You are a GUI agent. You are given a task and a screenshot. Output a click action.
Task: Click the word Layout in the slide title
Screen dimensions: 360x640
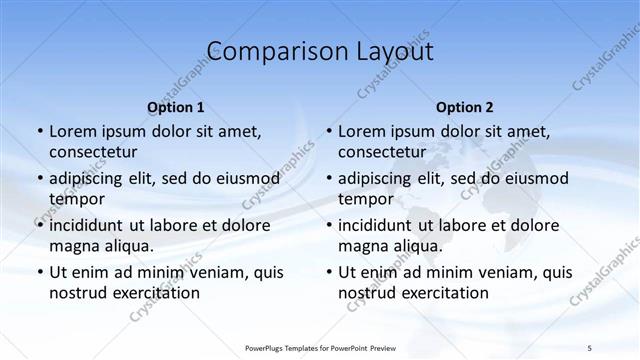[x=391, y=51]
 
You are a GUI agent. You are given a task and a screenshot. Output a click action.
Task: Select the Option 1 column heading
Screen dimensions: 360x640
[x=175, y=107]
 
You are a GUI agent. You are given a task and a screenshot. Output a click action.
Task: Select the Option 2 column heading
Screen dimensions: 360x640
[x=464, y=107]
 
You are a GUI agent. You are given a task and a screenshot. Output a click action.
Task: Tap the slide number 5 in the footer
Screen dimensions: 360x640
[x=589, y=347]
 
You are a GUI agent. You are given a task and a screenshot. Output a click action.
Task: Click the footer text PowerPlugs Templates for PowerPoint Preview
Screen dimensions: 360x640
[x=320, y=347]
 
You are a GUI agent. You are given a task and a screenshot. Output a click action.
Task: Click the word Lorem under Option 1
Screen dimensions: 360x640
[x=73, y=131]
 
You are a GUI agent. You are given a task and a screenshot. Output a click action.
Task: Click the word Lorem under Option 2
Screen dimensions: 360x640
[x=362, y=131]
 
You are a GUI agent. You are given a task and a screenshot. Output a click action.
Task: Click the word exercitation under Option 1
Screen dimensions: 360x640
[x=155, y=293]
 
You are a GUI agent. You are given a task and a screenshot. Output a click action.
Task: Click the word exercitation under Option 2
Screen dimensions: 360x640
[x=444, y=293]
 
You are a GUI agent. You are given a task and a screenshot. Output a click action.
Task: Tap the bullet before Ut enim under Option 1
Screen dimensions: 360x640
[x=39, y=272]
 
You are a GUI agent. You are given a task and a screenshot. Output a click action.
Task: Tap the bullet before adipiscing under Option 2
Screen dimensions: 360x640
[x=328, y=178]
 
